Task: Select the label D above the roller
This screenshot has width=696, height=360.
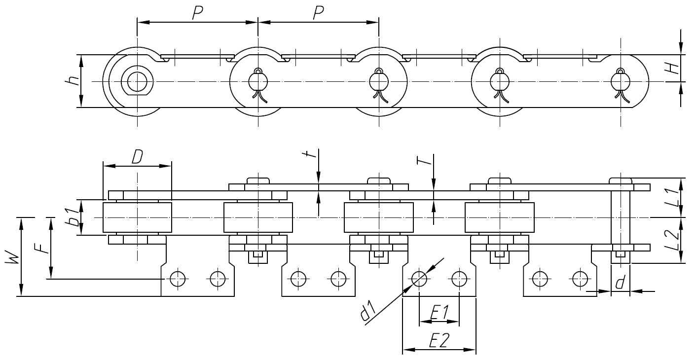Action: (x=137, y=157)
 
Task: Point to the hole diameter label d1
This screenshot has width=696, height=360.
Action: (x=369, y=314)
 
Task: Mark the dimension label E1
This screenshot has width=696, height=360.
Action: (x=439, y=312)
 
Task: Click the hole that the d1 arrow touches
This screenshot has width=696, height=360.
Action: (x=419, y=279)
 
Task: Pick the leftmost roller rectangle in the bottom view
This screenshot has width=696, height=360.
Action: (x=137, y=217)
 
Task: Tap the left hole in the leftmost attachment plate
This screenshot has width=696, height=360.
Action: (x=177, y=279)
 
